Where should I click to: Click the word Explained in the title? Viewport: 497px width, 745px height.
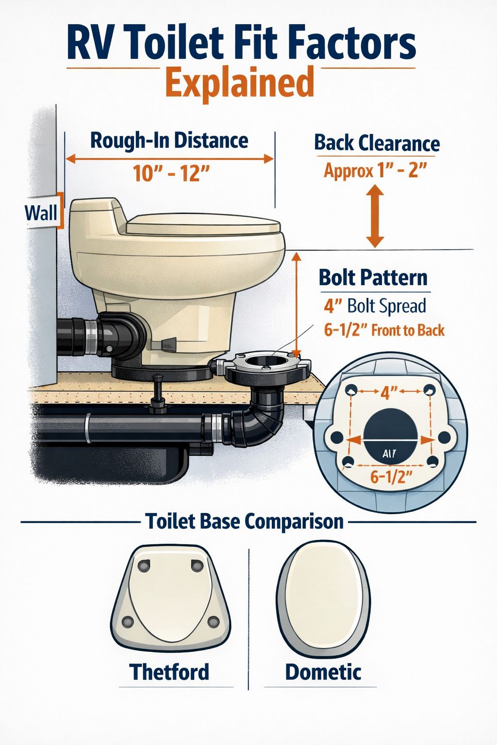coord(240,83)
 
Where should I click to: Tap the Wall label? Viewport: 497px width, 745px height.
coord(41,212)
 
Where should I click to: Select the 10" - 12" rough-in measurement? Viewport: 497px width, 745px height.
coord(167,173)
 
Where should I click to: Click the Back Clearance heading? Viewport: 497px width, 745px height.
coord(377,143)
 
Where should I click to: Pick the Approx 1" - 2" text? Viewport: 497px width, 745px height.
coord(375,171)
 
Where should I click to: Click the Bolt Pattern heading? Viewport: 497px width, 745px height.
coord(373,278)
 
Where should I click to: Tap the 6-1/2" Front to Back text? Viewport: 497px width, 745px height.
coord(384,330)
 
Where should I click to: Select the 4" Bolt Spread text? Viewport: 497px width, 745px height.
coord(375,306)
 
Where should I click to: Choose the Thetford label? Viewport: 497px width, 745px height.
coord(169,672)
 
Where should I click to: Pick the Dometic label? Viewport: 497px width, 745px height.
coord(323,672)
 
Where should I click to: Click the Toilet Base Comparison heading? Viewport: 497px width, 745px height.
coord(245,521)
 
